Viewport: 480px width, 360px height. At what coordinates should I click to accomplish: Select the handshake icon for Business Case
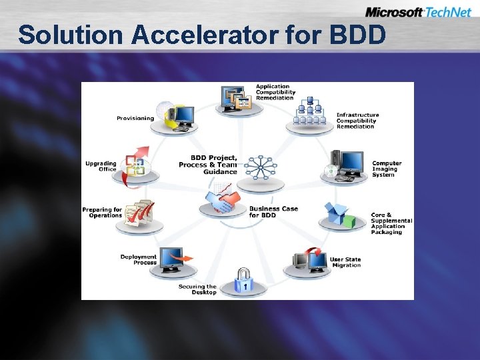tap(224, 201)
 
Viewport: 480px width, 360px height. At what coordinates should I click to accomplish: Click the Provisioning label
tap(135, 118)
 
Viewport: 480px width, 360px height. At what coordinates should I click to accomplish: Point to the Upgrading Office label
tap(101, 166)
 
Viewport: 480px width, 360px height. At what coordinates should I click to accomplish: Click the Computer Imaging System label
tap(387, 169)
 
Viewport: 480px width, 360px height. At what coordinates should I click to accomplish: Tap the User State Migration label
tap(345, 262)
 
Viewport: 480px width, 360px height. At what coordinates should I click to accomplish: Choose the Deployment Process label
tap(139, 259)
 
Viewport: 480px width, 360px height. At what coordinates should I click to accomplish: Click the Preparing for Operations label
tap(103, 213)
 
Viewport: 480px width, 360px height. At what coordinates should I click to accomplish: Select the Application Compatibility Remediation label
tap(274, 92)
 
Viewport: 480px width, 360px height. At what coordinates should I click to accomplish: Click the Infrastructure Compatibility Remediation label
tap(357, 121)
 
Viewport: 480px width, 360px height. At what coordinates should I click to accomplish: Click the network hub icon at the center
tap(260, 167)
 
